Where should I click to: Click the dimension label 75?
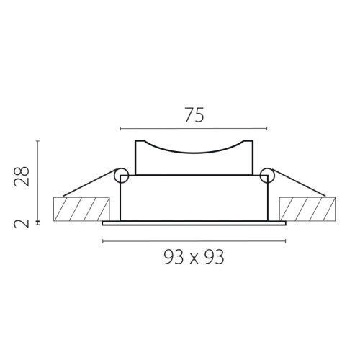click(194, 115)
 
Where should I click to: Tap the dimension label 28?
click(22, 176)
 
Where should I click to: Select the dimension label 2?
click(22, 224)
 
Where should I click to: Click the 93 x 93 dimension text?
click(194, 257)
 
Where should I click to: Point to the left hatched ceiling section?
click(81, 209)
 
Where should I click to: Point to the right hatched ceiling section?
click(307, 209)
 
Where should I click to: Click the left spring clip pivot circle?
click(121, 176)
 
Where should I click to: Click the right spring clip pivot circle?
click(267, 176)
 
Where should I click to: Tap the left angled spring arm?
click(89, 183)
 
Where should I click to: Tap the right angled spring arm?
click(300, 183)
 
